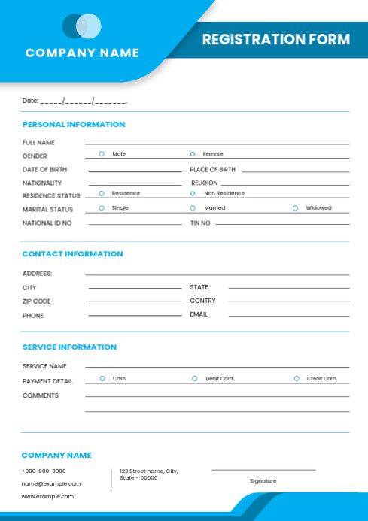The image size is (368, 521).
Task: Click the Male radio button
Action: tap(102, 154)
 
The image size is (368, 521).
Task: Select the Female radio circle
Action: tap(193, 154)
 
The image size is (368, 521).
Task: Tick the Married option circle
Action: tap(193, 208)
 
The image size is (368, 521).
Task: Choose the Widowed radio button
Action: tap(295, 208)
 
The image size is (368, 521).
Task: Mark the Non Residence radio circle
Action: tap(193, 194)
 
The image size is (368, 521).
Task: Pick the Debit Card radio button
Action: tap(195, 379)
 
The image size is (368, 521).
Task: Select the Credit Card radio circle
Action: tap(297, 379)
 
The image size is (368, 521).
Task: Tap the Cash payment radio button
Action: tap(102, 379)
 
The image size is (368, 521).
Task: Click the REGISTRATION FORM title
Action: tap(275, 40)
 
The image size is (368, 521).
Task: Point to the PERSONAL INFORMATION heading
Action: tap(74, 125)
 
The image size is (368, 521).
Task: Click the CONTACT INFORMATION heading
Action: tap(72, 254)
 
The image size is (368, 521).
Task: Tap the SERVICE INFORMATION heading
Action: tap(69, 347)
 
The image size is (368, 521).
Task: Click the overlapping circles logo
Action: tap(82, 26)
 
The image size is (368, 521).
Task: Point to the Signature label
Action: tap(263, 481)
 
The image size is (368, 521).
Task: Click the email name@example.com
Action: tap(50, 483)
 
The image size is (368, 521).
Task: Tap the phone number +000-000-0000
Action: tap(44, 471)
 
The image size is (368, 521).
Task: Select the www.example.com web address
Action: tap(47, 496)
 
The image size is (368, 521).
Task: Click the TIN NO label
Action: tap(200, 223)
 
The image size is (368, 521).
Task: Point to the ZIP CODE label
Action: tap(36, 301)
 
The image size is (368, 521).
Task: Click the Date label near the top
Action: tap(30, 101)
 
